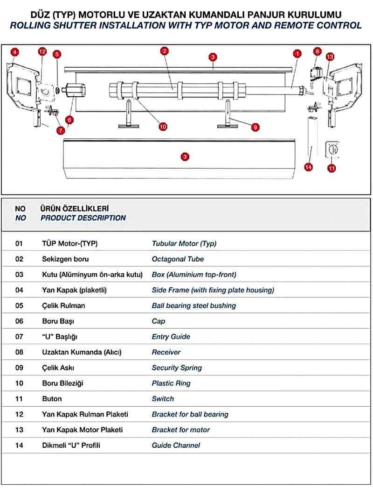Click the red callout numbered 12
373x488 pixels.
coord(42,52)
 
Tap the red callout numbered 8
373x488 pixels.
coord(318,51)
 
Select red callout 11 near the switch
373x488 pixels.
coord(332,168)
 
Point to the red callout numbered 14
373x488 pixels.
coord(308,166)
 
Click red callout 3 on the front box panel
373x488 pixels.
coord(185,157)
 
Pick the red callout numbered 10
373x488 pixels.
coord(163,126)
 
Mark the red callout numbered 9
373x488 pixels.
coord(255,127)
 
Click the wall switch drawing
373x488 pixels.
coord(332,150)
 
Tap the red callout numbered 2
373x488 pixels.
coord(164,51)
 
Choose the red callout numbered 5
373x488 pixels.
coord(57,54)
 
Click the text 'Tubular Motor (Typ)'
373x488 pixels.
coord(184,243)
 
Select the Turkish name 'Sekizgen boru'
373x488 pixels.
coord(65,259)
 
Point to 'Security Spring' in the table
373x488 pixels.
coord(177,368)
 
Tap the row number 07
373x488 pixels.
coord(19,336)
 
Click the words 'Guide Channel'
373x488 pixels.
coord(176,445)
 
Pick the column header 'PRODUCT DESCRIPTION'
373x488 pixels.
coord(83,218)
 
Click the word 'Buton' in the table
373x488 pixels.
coord(52,399)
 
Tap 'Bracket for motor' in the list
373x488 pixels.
coord(181,430)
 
